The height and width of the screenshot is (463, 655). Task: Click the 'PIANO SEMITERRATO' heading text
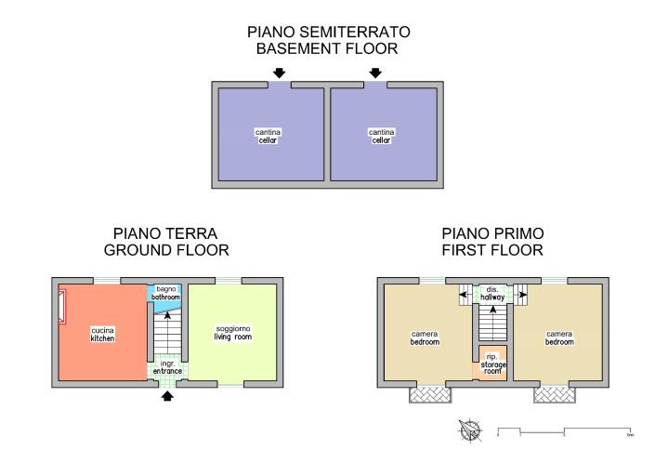coord(328,32)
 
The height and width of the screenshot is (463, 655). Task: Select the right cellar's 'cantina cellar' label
coord(381,136)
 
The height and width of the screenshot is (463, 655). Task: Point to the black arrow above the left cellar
coord(280,73)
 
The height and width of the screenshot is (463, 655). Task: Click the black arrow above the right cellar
coord(375,73)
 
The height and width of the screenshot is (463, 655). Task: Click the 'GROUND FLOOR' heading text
coord(166,250)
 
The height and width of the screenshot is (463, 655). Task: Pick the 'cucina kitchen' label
coord(102,334)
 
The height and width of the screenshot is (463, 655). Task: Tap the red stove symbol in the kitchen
coord(62,308)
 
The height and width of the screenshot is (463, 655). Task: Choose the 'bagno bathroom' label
coord(165,294)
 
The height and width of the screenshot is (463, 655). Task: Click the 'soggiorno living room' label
coord(233,333)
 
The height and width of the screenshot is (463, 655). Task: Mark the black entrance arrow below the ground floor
coord(168,397)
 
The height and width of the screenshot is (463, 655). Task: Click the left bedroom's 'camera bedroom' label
coord(424,337)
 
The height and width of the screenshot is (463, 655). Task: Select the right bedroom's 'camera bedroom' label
coord(559,337)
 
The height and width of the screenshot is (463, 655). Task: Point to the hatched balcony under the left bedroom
coord(429,395)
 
